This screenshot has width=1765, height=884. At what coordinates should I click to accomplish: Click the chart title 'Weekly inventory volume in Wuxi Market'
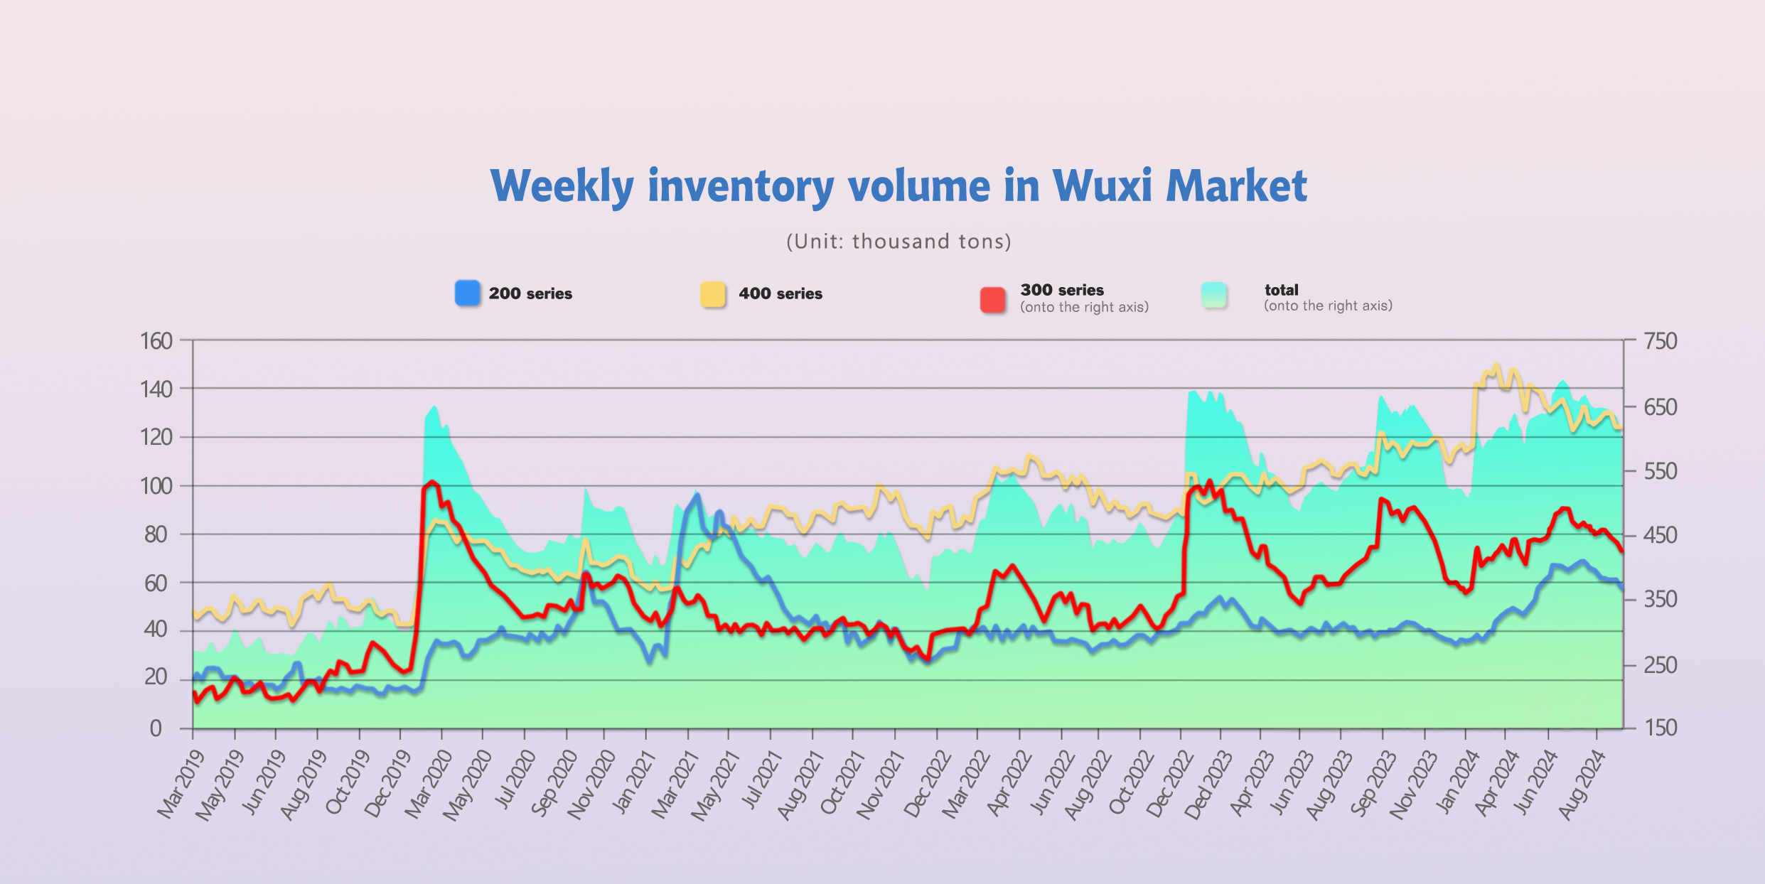click(898, 186)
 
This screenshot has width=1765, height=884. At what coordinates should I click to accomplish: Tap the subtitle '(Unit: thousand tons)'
click(898, 242)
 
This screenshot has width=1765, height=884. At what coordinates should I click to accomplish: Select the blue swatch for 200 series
click(467, 293)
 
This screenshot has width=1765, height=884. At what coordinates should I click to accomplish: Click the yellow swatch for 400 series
click(713, 294)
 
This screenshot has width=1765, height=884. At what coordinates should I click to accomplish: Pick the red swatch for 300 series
click(992, 299)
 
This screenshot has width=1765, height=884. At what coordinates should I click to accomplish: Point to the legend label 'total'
click(1281, 290)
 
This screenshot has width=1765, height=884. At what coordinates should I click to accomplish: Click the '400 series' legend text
click(780, 293)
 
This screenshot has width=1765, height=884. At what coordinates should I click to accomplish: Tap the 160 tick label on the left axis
click(156, 341)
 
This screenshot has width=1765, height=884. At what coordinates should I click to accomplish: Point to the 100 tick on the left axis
click(156, 486)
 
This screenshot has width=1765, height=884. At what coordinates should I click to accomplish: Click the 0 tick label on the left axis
click(156, 728)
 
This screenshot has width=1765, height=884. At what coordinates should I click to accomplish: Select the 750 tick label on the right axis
click(1661, 341)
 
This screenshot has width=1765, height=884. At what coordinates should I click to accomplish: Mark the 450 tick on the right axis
click(1661, 535)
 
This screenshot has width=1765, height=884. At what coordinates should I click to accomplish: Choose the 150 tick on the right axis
click(1661, 728)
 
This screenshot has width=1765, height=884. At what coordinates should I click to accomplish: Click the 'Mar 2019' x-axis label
click(181, 785)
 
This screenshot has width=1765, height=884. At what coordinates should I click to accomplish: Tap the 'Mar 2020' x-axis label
click(429, 785)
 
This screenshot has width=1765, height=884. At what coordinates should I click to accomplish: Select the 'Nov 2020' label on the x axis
click(591, 785)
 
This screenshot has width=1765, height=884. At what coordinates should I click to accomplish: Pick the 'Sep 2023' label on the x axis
click(1373, 785)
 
